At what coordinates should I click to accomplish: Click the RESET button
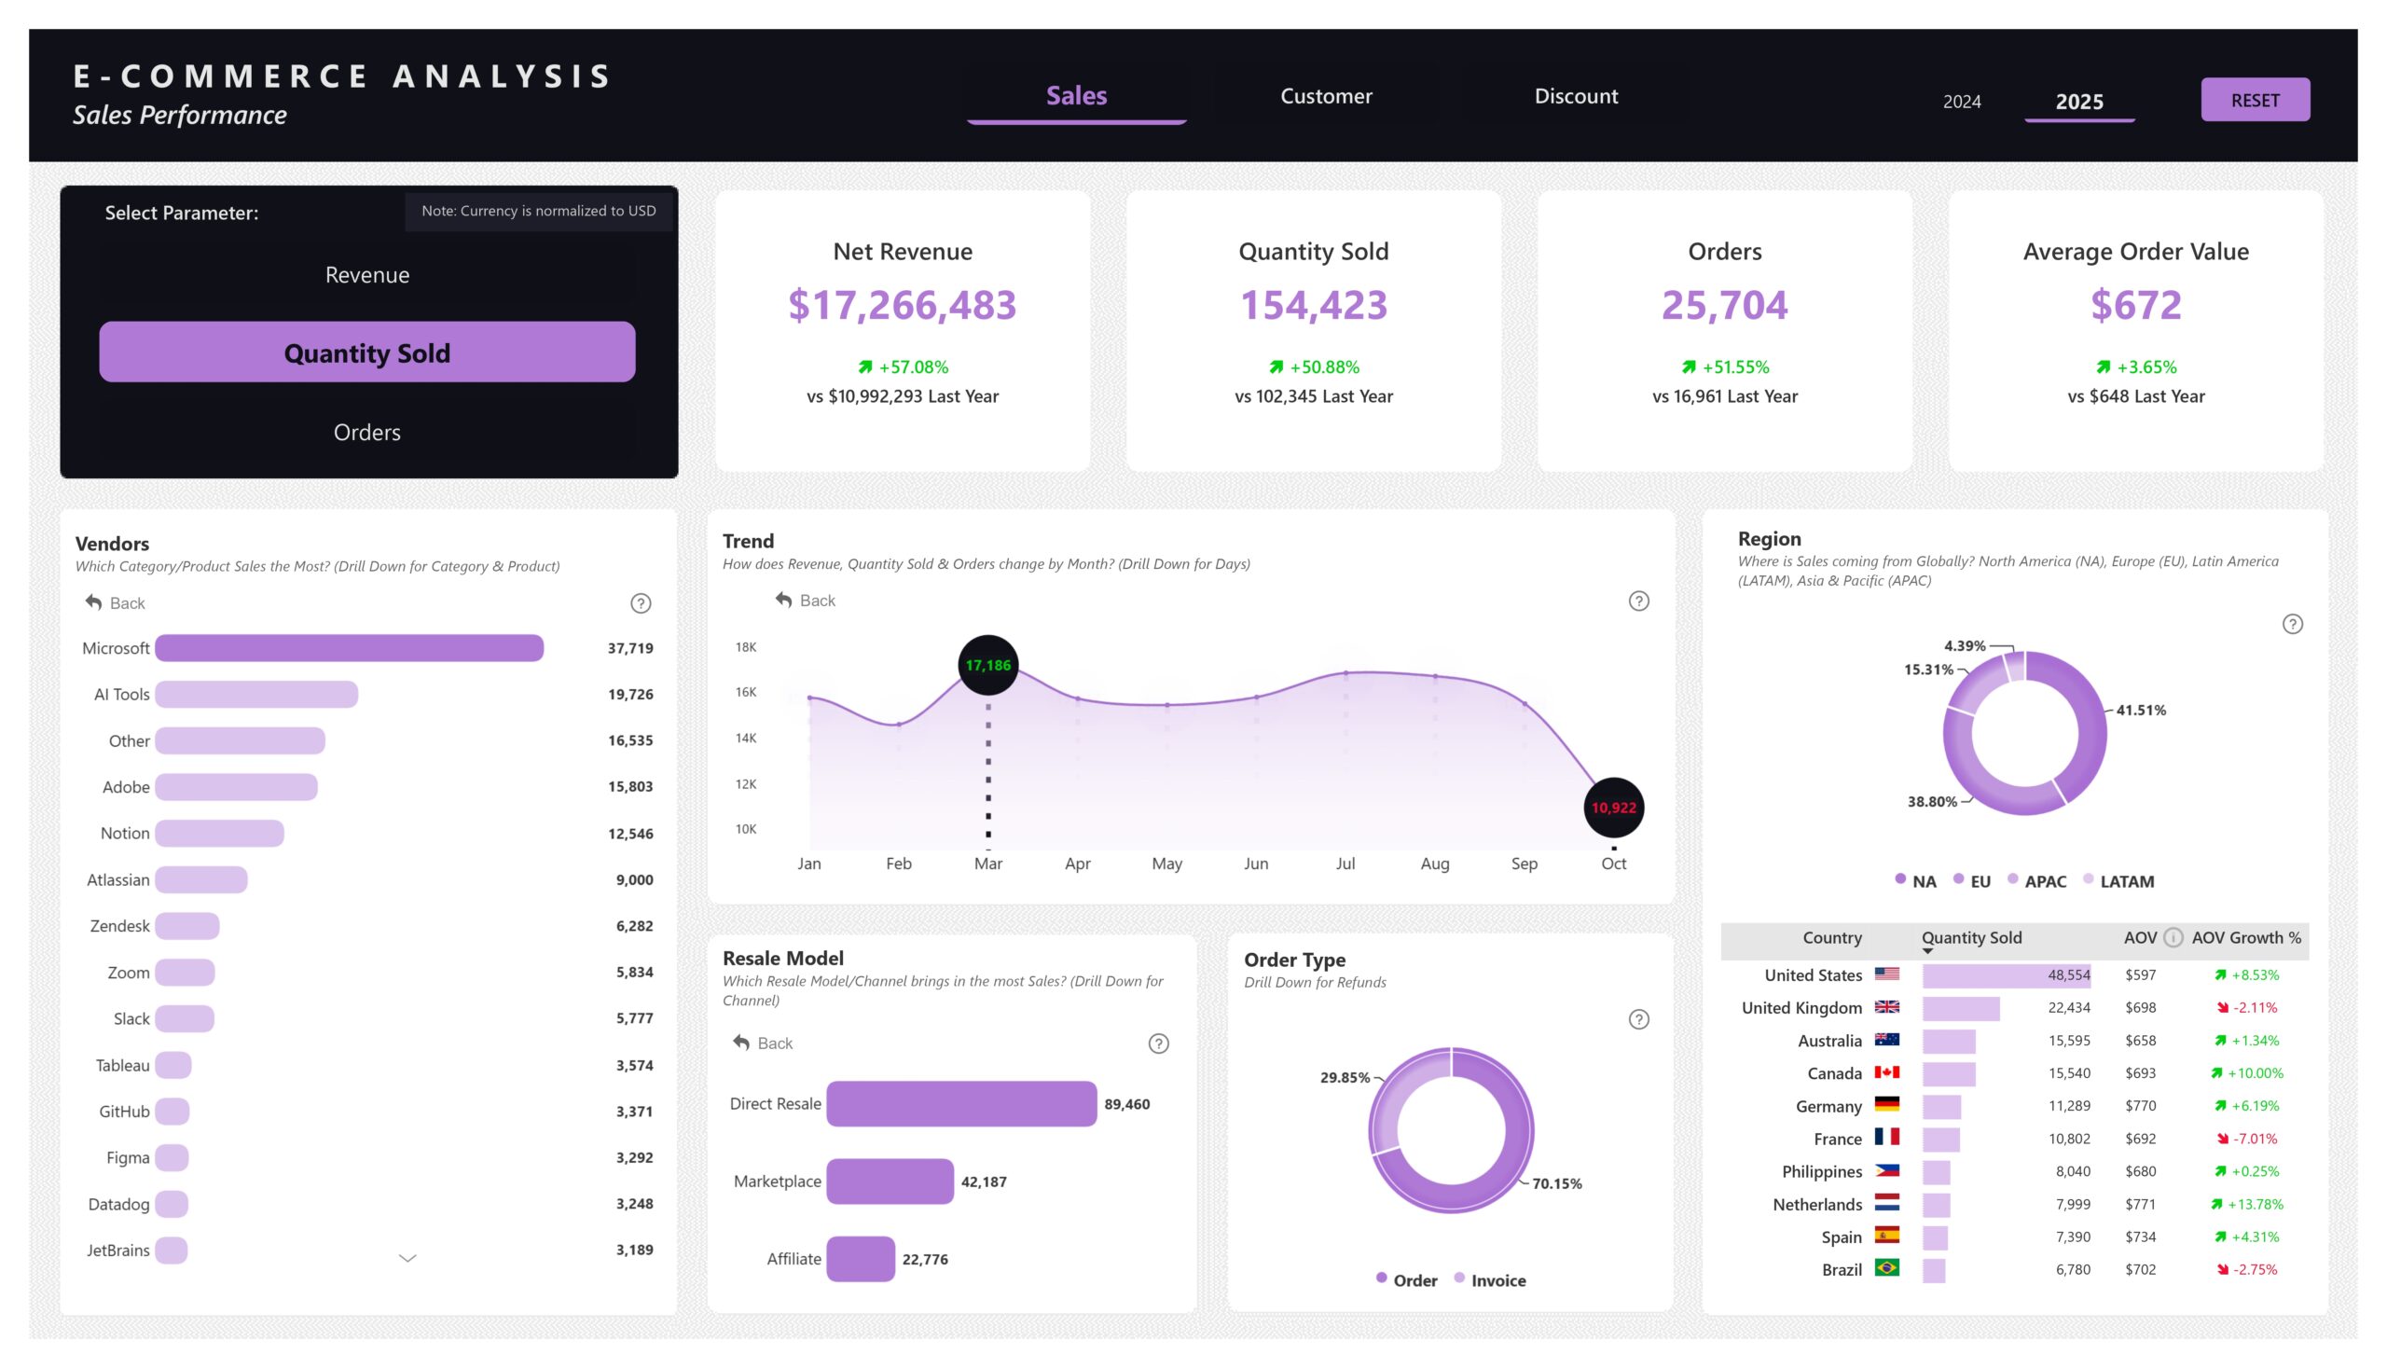pos(2254,100)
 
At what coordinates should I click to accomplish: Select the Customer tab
pos(1326,96)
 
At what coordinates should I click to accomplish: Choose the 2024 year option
pos(1961,102)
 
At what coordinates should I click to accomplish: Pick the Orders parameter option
pos(366,432)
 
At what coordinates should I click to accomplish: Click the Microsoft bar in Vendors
pos(349,648)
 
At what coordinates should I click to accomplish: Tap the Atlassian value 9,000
pos(634,880)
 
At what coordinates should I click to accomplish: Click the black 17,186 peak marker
pos(987,665)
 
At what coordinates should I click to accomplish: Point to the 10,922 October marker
pos(1613,808)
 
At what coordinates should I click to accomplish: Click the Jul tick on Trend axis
pos(1345,864)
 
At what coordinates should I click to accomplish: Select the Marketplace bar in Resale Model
pos(889,1181)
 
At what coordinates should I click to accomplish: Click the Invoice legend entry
pos(1497,1280)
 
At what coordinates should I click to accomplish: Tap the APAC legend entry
pos(2043,881)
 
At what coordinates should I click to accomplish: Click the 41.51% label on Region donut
pos(2140,711)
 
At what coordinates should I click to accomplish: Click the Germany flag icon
pos(1886,1105)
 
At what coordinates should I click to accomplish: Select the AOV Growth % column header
pos(2245,938)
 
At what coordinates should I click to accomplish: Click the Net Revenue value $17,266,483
pos(902,305)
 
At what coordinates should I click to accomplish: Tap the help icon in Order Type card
pos(1638,1019)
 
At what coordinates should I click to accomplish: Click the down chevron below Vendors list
pos(407,1258)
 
